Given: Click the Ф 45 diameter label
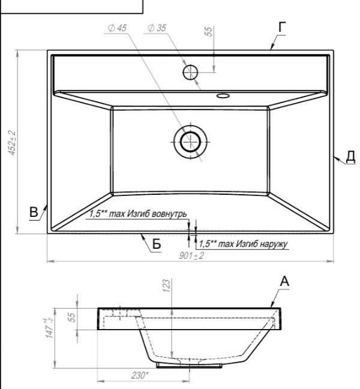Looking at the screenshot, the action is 118,28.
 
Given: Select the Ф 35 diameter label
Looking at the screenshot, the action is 157,28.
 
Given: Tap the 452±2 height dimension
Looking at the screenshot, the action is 12,143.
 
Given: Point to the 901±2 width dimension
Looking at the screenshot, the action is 191,255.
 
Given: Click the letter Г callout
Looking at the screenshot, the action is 282,27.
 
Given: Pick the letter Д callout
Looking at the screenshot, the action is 350,157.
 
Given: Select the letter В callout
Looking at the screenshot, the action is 34,212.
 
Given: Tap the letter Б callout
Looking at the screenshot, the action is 157,244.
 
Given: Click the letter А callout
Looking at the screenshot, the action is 284,282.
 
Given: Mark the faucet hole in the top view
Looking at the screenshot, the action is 190,72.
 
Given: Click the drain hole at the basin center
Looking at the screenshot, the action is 190,142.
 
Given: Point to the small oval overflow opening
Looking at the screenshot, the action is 223,95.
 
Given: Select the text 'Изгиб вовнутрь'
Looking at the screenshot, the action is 157,213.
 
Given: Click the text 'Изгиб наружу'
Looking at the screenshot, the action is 262,243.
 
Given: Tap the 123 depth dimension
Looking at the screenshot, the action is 167,285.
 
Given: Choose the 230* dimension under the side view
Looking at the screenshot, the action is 140,375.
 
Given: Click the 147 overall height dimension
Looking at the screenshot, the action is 49,328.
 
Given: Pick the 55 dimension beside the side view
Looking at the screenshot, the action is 71,318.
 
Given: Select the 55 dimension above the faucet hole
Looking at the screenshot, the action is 209,31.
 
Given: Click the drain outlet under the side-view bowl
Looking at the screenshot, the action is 189,365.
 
